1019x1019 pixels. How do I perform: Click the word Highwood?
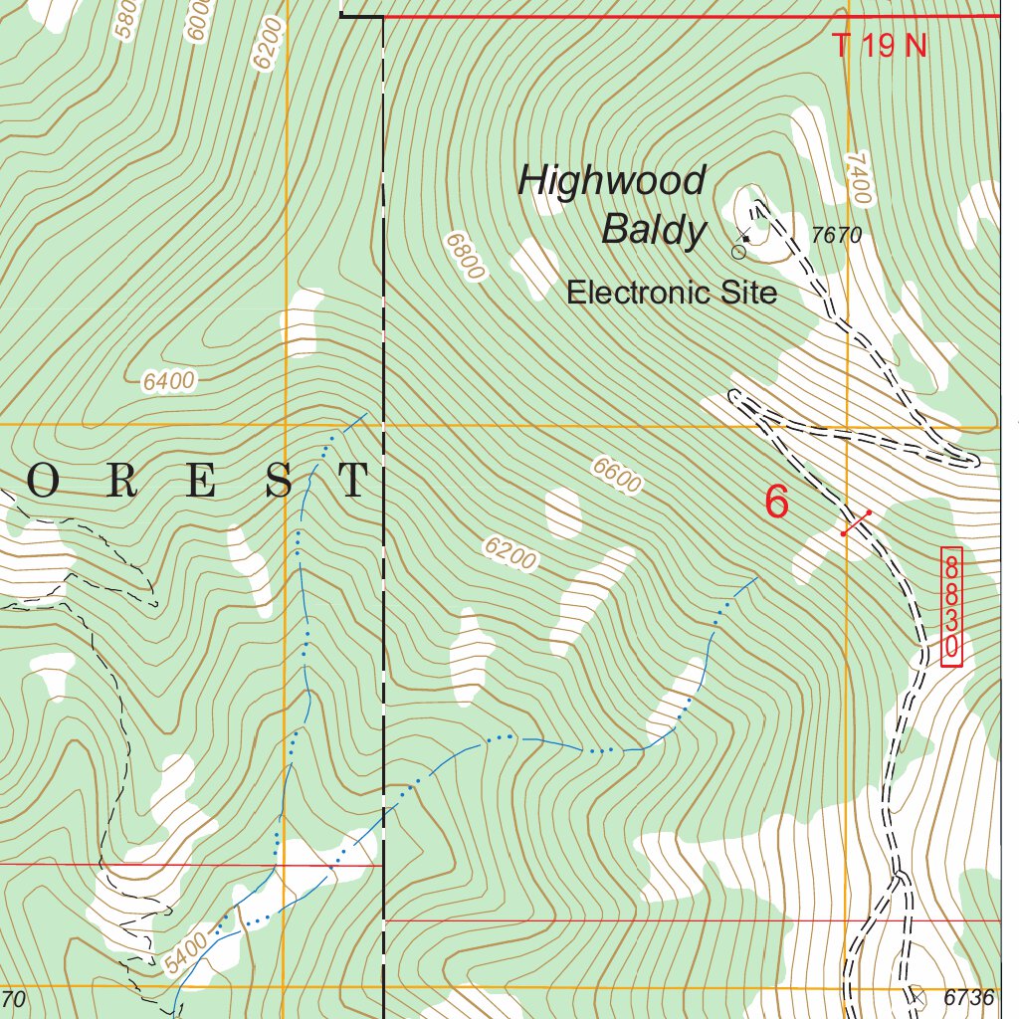pos(611,181)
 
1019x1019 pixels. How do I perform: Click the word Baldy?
pos(653,231)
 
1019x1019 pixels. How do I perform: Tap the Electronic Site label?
pos(671,293)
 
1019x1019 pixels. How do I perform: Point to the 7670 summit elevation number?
pos(836,236)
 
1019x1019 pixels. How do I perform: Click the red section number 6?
pos(776,503)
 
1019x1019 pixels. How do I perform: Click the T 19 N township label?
pos(879,46)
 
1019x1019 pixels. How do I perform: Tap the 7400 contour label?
pos(859,179)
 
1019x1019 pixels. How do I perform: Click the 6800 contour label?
pos(466,257)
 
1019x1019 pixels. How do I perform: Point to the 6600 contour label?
pos(616,476)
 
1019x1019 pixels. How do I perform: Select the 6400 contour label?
pos(168,380)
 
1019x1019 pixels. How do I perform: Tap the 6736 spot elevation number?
pos(968,997)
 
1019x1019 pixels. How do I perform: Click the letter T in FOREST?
pos(353,481)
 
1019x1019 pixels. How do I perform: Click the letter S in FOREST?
pos(280,481)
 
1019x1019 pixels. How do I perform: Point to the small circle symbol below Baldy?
pos(738,253)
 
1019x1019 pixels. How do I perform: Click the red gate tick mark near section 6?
pos(856,523)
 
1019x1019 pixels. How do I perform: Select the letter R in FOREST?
pos(121,481)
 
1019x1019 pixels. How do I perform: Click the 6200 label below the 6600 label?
pos(510,554)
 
